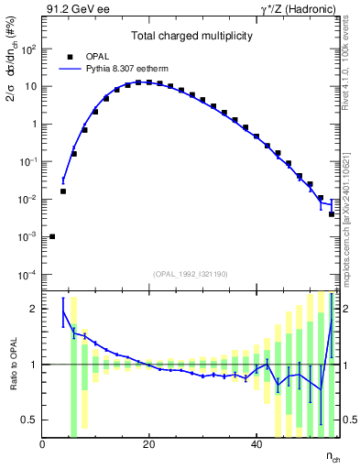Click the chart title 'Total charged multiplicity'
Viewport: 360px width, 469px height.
[x=191, y=35]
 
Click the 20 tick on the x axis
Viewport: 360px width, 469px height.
[x=148, y=444]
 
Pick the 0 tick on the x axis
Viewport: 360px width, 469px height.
[x=43, y=444]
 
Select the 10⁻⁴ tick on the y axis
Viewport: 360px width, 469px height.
[x=27, y=275]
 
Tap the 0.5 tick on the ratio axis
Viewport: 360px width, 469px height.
[x=30, y=420]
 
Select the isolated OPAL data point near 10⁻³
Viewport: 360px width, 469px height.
[x=52, y=236]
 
